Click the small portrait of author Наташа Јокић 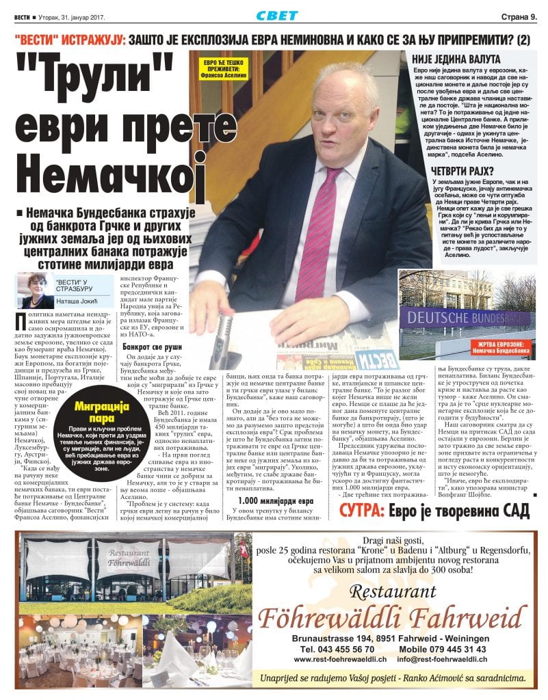[34, 290]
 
